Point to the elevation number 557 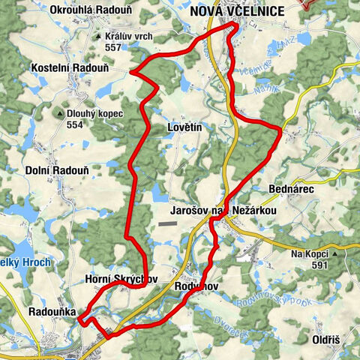point(113,46)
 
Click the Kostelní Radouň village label point(67,67)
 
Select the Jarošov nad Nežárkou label point(235,212)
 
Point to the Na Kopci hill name point(310,254)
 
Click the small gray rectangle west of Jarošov point(168,223)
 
